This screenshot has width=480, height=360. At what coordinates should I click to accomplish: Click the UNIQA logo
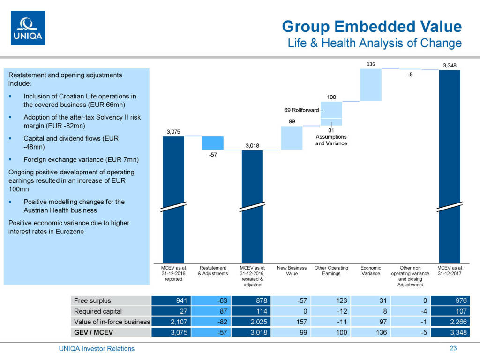click(x=28, y=28)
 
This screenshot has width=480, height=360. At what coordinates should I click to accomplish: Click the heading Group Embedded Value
click(x=372, y=26)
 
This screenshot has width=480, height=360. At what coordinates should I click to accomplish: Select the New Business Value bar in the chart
click(x=292, y=138)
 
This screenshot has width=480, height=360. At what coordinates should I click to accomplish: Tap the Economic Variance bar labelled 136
click(x=371, y=85)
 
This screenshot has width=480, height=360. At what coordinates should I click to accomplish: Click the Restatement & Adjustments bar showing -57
click(x=213, y=143)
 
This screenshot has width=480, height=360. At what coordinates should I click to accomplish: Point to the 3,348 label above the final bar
click(x=450, y=65)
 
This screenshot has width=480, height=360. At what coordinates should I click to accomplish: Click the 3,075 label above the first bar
click(x=173, y=132)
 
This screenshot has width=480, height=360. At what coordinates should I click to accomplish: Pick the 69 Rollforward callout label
click(x=301, y=110)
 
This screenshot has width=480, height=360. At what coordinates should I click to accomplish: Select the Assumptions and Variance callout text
click(x=331, y=140)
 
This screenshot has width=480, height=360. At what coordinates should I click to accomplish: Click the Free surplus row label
click(x=92, y=300)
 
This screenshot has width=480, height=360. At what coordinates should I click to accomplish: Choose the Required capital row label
click(x=98, y=311)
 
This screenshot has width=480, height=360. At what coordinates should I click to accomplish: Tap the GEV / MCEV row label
click(x=94, y=332)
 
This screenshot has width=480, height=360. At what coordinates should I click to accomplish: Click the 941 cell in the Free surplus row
click(x=173, y=300)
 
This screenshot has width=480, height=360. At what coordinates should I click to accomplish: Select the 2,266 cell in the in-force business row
click(x=450, y=322)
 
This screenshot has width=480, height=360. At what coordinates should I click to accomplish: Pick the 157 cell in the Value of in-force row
click(x=292, y=322)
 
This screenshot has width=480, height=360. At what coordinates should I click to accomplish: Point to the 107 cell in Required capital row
click(x=450, y=311)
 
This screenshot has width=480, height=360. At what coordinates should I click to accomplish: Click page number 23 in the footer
click(x=453, y=348)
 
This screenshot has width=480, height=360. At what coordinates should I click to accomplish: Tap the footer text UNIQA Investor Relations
click(x=97, y=348)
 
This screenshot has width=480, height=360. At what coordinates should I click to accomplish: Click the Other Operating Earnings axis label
click(x=331, y=270)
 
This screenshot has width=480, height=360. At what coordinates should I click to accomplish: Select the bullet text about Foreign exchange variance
click(x=81, y=160)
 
